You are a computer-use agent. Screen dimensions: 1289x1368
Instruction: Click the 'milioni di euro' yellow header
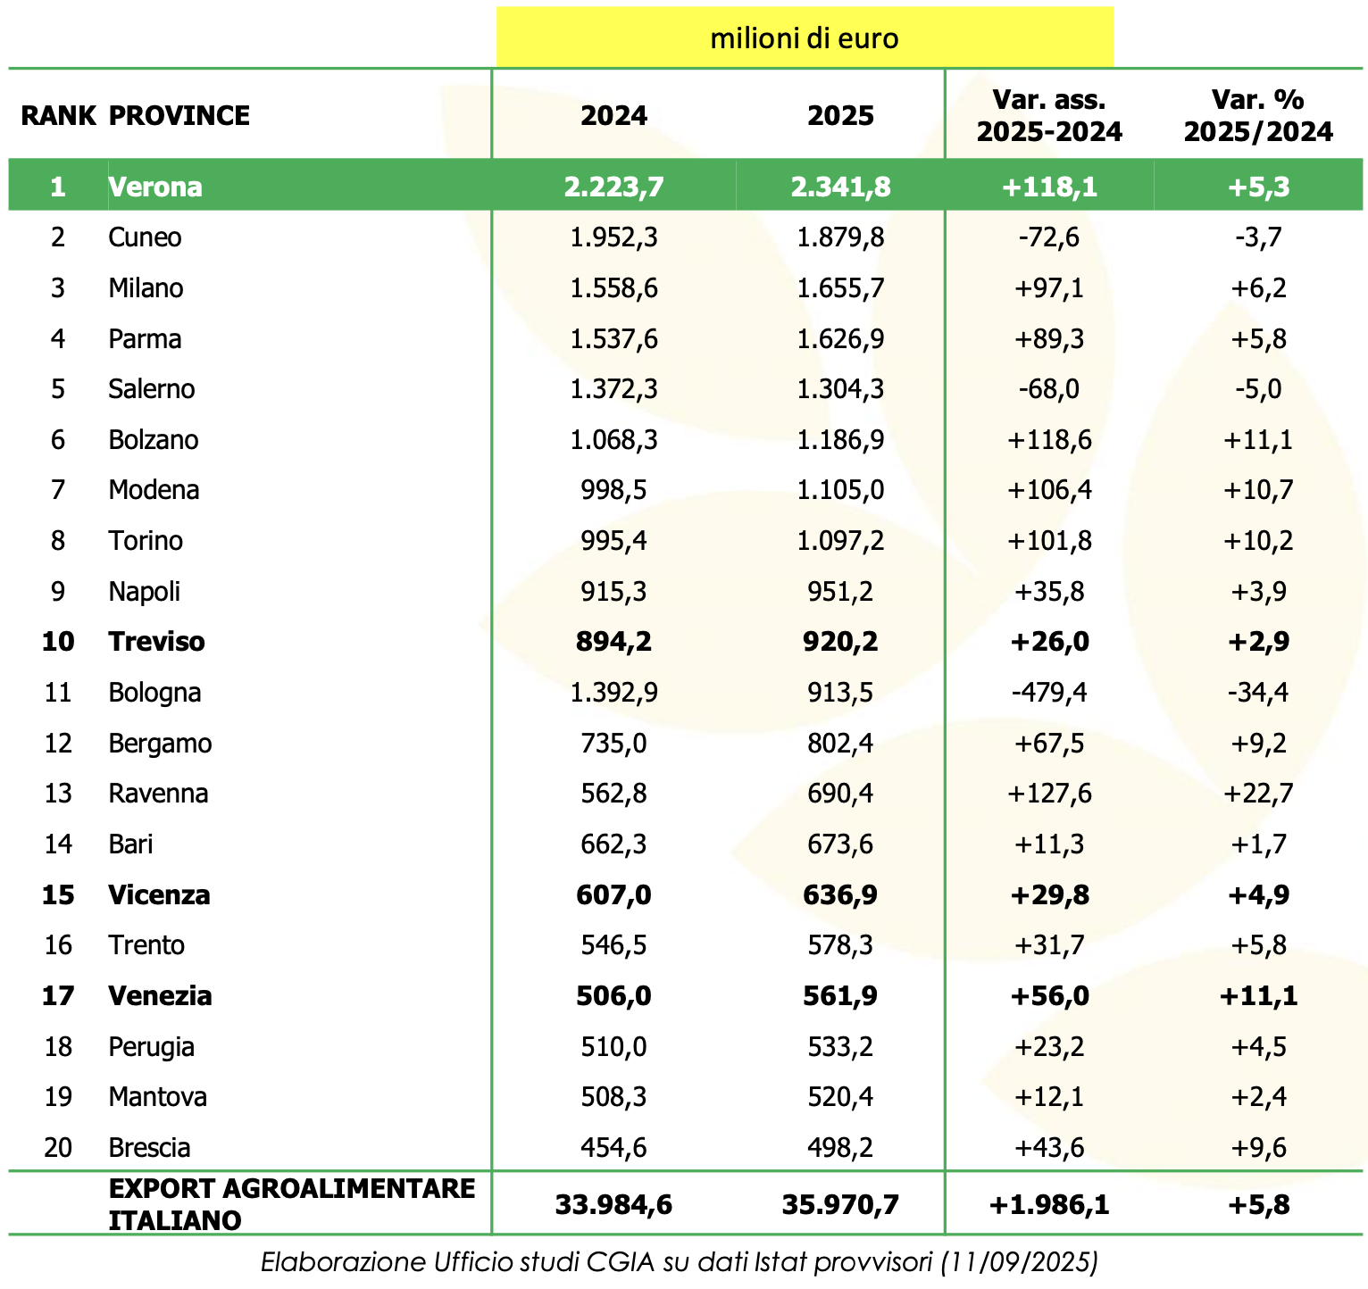804,38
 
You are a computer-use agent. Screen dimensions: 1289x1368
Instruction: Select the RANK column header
58,115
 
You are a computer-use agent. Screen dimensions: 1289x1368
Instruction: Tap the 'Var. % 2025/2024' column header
1258,115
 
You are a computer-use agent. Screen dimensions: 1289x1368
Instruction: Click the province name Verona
155,187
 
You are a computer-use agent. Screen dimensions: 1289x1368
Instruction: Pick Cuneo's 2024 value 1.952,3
613,237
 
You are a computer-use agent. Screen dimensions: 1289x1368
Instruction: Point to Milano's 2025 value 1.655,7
840,288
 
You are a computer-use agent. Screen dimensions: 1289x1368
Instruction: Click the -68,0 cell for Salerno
1048,389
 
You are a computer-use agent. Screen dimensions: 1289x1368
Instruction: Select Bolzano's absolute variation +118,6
1048,440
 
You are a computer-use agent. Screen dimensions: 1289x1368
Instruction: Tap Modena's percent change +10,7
1258,490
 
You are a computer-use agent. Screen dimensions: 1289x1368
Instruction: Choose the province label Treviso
156,642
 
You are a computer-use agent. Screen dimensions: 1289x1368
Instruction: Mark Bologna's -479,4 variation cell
1048,693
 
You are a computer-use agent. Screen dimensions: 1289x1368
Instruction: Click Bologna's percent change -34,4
1258,693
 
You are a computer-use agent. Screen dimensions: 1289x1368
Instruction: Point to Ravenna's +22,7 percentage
1258,794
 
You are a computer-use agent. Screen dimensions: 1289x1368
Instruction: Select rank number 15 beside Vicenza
58,894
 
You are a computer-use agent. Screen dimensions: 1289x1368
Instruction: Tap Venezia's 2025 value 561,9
840,995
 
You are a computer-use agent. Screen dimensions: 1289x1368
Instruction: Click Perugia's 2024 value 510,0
613,1046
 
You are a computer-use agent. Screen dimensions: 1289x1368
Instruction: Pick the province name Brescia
149,1147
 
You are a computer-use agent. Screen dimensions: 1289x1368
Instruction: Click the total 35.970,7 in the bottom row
840,1205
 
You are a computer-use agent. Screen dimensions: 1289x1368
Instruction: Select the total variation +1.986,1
1048,1205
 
